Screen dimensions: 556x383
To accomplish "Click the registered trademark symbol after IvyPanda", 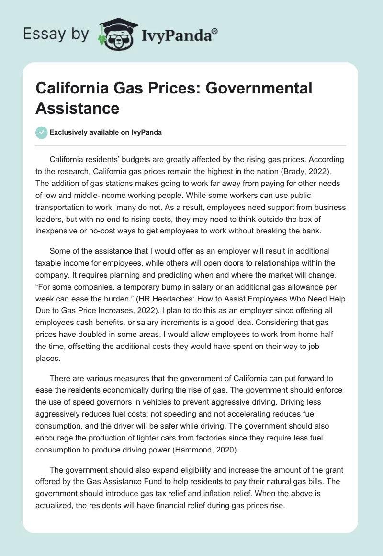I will coord(214,31).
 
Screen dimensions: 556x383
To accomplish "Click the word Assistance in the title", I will coord(77,108).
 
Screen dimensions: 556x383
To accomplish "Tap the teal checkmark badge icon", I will coord(41,132).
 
